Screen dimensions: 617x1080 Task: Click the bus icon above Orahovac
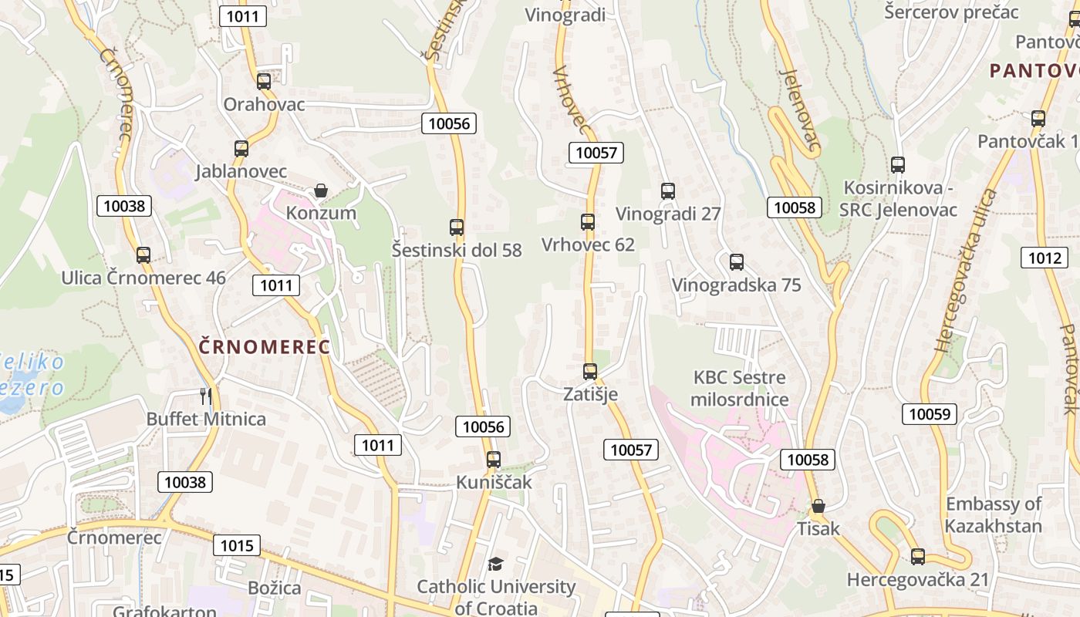[264, 81]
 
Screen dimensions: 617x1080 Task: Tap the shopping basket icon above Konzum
[321, 190]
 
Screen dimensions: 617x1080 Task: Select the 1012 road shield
[1045, 258]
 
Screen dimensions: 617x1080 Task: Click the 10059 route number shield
[930, 414]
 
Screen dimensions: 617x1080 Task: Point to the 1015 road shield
[236, 545]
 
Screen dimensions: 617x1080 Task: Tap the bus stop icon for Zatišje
[590, 372]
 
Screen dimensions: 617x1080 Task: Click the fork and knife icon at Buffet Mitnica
[205, 396]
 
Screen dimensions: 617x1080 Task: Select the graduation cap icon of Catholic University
[495, 565]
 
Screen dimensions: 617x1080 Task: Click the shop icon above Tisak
[818, 507]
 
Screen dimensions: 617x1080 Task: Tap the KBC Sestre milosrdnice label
[739, 389]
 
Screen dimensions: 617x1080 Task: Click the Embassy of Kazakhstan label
[994, 515]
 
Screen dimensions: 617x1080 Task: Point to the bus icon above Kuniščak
[494, 460]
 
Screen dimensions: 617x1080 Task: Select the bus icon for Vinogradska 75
[737, 262]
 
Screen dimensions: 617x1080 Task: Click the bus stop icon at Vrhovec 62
[588, 222]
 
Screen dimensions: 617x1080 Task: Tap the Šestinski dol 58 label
[457, 251]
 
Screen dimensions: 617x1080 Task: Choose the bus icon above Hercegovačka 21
[918, 557]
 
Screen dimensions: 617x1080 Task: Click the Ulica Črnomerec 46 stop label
[143, 278]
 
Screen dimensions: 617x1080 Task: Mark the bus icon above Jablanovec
[241, 149]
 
